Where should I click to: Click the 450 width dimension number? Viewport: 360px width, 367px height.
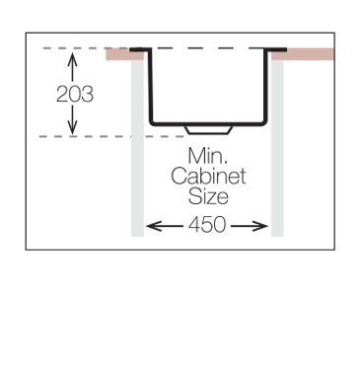(x=207, y=225)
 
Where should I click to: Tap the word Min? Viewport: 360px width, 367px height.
(x=207, y=156)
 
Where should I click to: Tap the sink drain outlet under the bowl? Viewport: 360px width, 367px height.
(x=208, y=129)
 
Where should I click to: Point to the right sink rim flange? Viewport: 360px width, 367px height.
(x=275, y=47)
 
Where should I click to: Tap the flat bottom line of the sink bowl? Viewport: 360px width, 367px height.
(x=208, y=122)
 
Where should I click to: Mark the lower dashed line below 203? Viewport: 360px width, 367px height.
(x=99, y=135)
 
